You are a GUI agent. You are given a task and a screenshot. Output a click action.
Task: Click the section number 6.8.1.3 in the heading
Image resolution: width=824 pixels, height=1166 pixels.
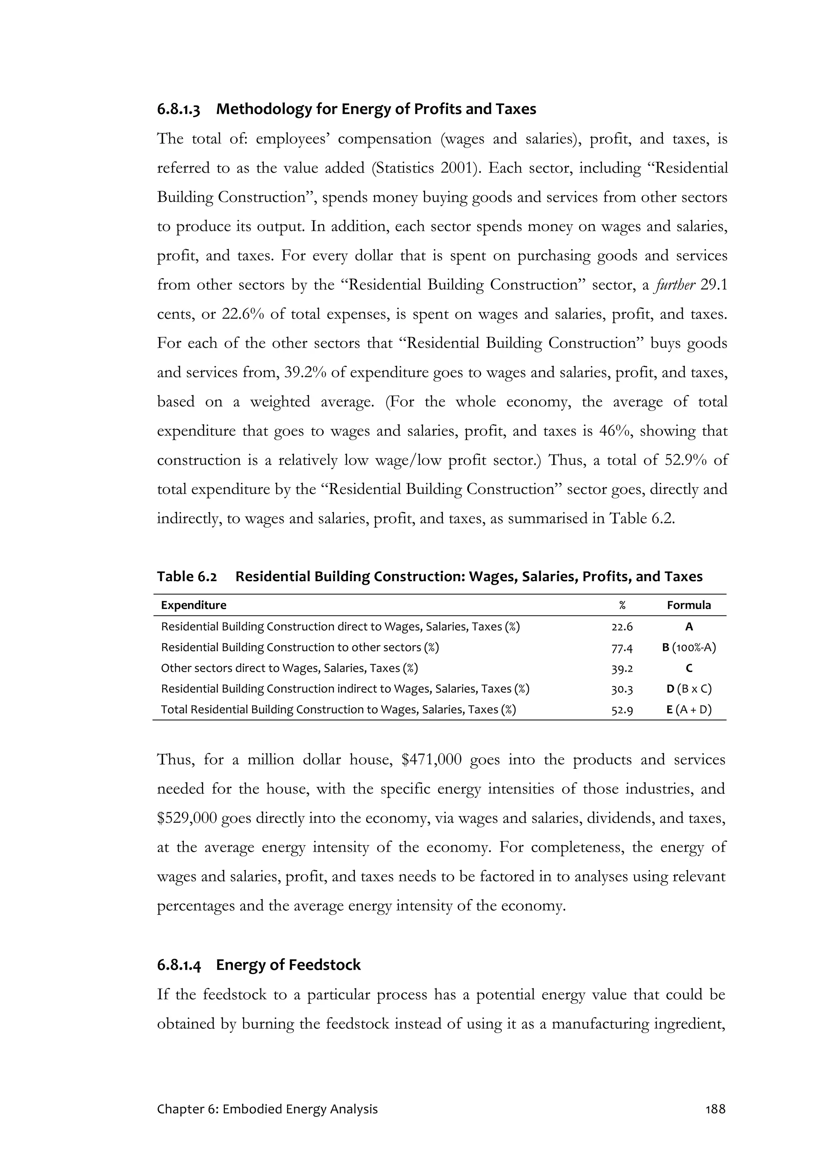(178, 109)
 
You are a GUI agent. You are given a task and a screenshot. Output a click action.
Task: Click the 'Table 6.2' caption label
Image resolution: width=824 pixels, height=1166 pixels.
(187, 576)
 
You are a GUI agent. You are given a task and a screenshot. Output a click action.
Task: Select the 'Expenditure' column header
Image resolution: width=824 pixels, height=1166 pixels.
(194, 605)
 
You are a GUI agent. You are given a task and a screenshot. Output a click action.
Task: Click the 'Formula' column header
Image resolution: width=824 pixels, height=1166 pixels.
(688, 605)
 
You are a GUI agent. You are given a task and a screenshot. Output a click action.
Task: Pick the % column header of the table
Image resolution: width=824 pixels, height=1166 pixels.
(622, 605)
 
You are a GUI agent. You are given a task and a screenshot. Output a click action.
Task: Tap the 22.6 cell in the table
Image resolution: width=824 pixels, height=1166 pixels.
(622, 627)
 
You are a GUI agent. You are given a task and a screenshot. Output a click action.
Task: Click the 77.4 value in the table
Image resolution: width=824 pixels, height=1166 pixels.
(622, 648)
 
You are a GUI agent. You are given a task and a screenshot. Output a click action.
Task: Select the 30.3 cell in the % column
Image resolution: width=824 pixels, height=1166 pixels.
(622, 689)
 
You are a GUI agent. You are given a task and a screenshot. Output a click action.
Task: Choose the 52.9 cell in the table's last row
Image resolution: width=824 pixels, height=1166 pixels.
(622, 710)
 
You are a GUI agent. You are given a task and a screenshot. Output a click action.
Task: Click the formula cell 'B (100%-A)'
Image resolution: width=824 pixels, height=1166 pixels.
(688, 648)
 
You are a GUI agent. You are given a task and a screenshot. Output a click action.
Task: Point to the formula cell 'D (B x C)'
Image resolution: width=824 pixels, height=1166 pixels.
(688, 689)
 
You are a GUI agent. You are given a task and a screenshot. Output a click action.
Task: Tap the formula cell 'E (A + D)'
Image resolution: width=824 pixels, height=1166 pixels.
(688, 710)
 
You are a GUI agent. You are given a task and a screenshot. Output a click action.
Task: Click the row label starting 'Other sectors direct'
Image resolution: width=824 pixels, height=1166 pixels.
(289, 668)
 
